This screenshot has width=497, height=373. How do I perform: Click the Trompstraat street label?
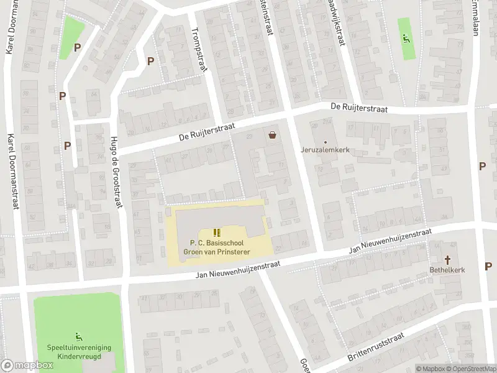(x=199, y=50)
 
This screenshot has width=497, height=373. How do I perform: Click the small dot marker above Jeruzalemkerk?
(x=324, y=141)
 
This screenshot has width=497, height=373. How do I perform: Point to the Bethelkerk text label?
(x=447, y=270)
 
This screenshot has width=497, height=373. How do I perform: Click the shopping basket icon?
(x=271, y=134)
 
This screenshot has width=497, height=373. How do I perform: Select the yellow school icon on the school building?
(x=217, y=232)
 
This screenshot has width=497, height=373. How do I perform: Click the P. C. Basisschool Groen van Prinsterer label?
(x=217, y=247)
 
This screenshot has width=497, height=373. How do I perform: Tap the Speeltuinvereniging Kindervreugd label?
(x=78, y=352)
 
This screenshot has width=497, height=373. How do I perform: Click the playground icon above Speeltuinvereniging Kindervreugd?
(x=78, y=336)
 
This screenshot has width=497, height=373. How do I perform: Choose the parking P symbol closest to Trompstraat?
(x=150, y=61)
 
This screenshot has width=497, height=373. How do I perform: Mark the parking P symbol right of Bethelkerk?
(x=488, y=266)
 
